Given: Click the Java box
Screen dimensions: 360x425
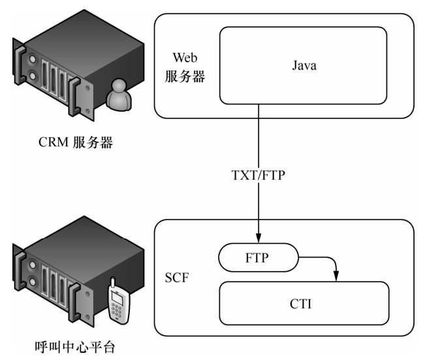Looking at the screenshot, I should (x=303, y=65).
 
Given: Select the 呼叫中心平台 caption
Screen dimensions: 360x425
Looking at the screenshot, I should (x=71, y=346).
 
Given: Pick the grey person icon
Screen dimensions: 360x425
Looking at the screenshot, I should (x=120, y=94).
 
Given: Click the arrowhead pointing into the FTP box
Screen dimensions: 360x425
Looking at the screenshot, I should (x=260, y=238).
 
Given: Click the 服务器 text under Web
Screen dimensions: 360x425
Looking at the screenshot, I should (x=185, y=76).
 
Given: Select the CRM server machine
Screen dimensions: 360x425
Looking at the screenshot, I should (x=62, y=65).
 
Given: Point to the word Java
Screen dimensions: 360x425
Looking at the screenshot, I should (x=303, y=65).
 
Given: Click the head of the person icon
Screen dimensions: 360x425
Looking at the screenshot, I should (x=120, y=86).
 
